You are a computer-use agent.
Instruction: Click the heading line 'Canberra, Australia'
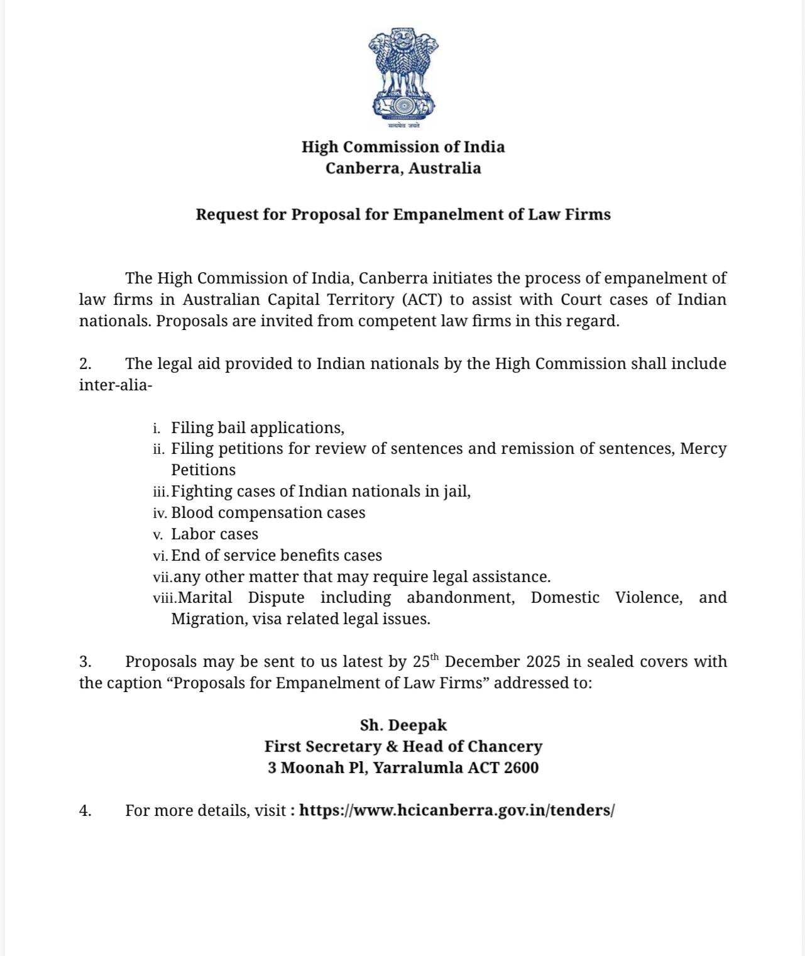click(403, 168)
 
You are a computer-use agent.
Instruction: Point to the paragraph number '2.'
click(85, 364)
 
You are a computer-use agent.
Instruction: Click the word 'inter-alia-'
click(116, 385)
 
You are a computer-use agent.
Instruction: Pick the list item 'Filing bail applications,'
click(258, 428)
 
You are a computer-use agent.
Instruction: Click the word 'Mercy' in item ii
click(703, 449)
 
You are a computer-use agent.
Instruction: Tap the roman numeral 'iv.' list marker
click(160, 514)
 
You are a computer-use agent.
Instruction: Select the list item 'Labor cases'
click(214, 534)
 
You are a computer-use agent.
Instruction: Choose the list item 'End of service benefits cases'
click(277, 556)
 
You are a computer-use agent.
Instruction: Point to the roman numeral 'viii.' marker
click(165, 598)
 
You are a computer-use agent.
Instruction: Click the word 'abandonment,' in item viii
click(461, 598)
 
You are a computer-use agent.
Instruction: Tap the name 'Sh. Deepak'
click(403, 725)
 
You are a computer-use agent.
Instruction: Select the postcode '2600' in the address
click(521, 768)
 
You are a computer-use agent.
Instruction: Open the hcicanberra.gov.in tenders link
click(456, 811)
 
